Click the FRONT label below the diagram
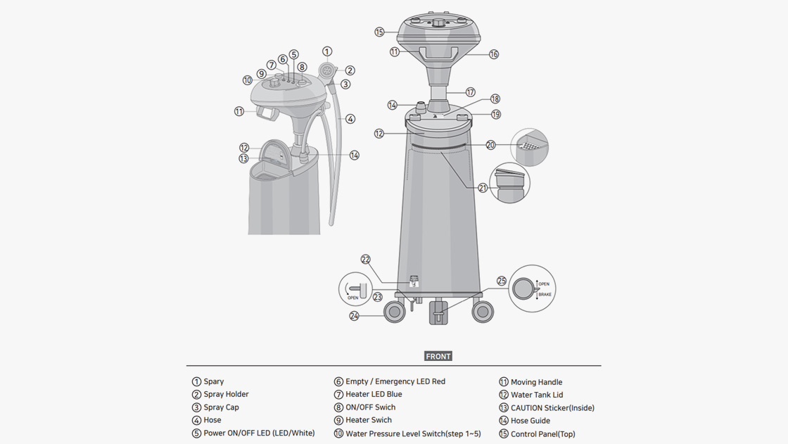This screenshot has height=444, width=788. [438, 357]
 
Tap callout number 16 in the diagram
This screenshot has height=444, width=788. [494, 54]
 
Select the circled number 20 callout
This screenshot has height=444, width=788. [490, 145]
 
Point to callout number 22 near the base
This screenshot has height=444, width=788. [365, 260]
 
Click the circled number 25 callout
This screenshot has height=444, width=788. [502, 281]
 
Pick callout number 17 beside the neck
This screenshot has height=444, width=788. [470, 92]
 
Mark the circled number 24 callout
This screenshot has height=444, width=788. [354, 316]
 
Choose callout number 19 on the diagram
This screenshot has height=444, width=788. [496, 114]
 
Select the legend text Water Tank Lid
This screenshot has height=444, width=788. [537, 395]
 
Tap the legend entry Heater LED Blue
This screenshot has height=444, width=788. [374, 394]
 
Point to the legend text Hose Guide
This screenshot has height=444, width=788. [530, 421]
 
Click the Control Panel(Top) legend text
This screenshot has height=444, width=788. [542, 434]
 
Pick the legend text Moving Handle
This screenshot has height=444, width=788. [536, 382]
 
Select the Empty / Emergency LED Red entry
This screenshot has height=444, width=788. [395, 381]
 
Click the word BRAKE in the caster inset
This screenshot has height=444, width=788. [545, 294]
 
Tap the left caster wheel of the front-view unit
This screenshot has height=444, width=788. [394, 311]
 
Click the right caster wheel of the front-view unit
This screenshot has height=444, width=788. [483, 311]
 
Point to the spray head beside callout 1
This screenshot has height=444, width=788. [326, 71]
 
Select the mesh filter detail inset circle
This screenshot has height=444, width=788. [529, 147]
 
